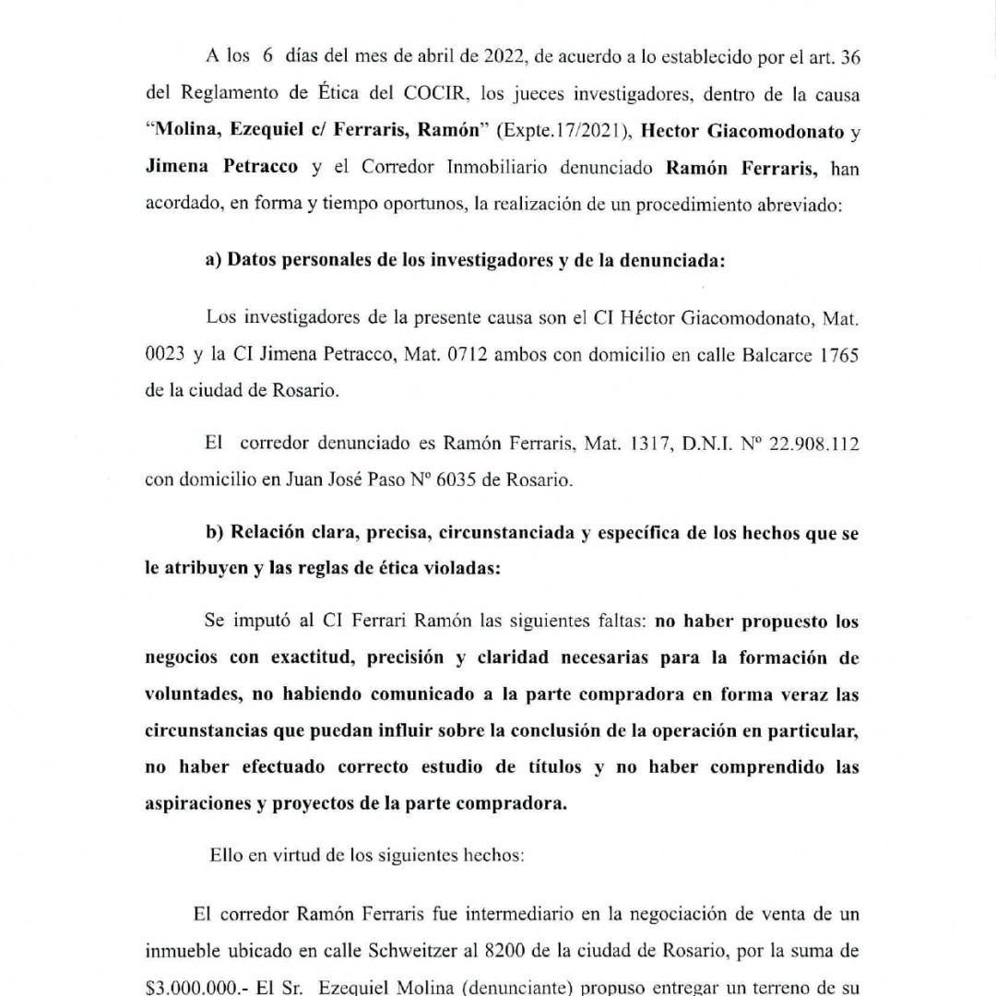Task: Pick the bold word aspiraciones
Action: (199, 802)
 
